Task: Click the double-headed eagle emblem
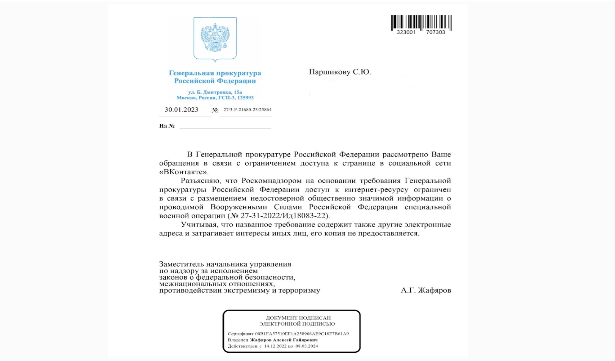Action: click(x=215, y=39)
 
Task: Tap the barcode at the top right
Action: click(x=421, y=22)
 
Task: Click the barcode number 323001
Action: click(x=406, y=32)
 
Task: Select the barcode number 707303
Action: click(x=436, y=32)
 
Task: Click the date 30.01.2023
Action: click(x=182, y=110)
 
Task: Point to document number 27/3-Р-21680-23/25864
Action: click(x=247, y=109)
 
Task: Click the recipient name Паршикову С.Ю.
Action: click(x=340, y=72)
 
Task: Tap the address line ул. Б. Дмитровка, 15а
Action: click(x=215, y=92)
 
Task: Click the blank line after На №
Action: click(x=225, y=126)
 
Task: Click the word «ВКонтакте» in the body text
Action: click(x=184, y=172)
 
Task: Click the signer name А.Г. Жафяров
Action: click(x=425, y=290)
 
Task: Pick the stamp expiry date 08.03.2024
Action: click(x=307, y=346)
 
